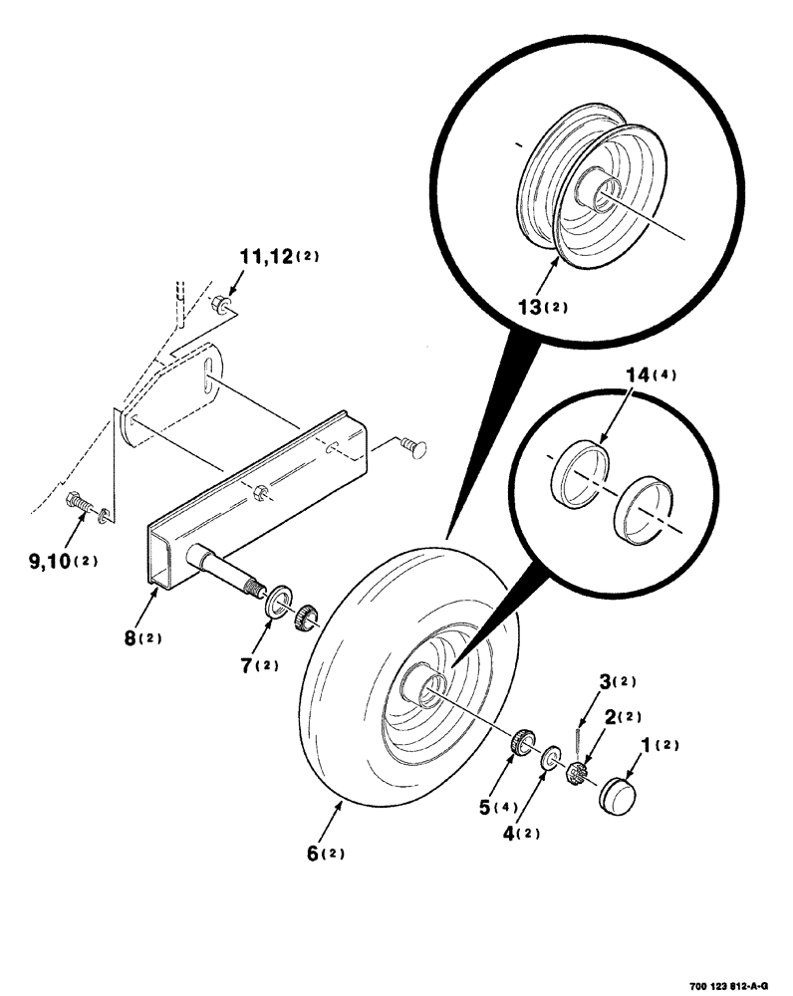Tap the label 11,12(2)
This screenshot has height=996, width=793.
[x=278, y=257]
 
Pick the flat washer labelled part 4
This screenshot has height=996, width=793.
[x=549, y=761]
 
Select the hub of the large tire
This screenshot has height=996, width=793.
[x=423, y=686]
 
